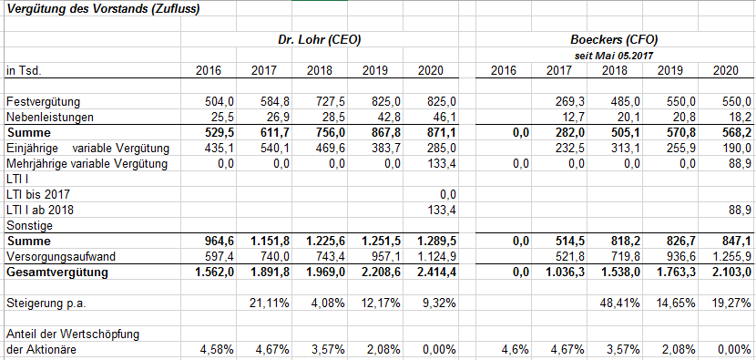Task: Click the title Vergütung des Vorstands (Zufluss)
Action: pos(103,10)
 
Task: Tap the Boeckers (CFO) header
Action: pos(614,40)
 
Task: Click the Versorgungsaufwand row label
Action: pos(59,257)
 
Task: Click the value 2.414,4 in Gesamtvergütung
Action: pos(435,273)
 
